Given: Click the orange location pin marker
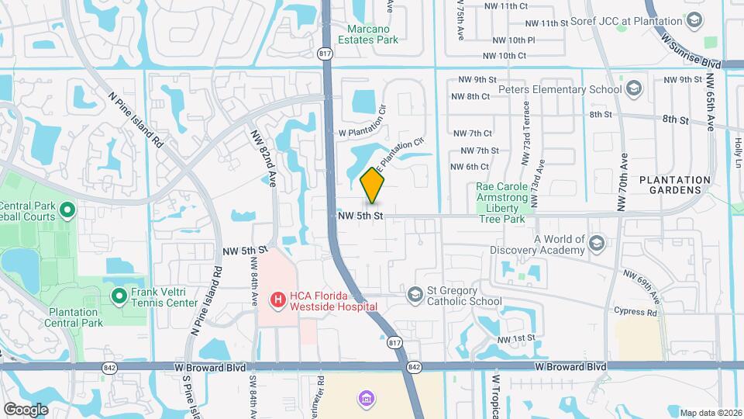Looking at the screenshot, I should pyautogui.click(x=373, y=186).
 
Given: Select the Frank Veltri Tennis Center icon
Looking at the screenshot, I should pyautogui.click(x=119, y=296).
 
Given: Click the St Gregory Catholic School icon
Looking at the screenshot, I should pyautogui.click(x=415, y=294).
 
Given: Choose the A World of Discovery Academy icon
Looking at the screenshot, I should pyautogui.click(x=596, y=244).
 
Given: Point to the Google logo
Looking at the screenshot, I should pyautogui.click(x=26, y=409).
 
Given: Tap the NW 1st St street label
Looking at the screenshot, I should pyautogui.click(x=516, y=340).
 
